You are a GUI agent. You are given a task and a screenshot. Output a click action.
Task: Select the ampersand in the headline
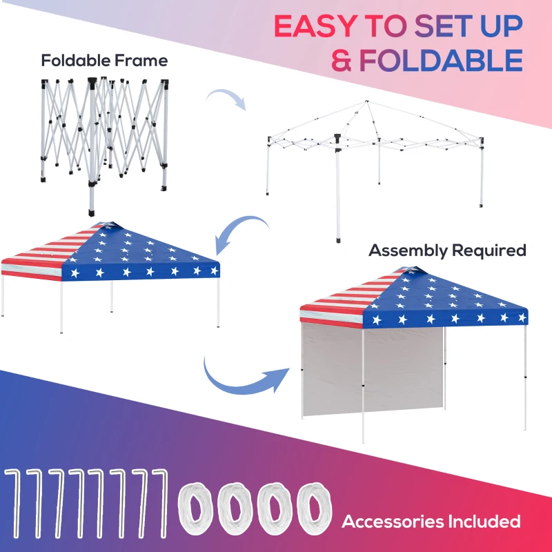click(x=344, y=60)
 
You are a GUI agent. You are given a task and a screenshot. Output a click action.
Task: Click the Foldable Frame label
click(x=104, y=61)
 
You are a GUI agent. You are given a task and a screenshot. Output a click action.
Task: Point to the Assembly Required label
click(x=447, y=250)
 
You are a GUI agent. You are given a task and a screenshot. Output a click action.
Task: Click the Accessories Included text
click(x=431, y=521)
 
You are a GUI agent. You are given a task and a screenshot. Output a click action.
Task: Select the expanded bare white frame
click(x=376, y=159)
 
